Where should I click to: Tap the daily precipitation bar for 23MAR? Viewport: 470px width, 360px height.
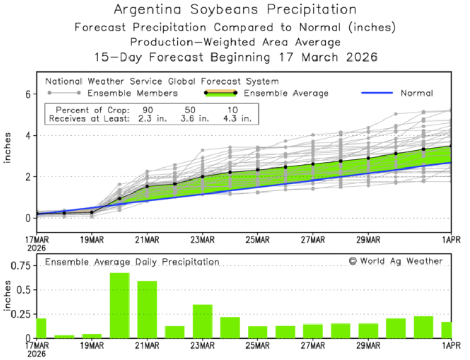coord(203,321)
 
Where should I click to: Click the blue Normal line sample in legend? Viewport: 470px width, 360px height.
coord(377,93)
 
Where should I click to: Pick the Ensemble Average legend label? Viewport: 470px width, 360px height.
coord(286,93)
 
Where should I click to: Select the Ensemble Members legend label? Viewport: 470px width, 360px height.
coord(132,93)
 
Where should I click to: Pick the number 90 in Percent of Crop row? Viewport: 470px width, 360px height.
coord(148,110)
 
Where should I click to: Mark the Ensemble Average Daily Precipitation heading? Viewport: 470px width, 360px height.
coord(132,262)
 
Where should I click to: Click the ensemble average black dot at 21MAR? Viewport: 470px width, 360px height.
coord(147,186)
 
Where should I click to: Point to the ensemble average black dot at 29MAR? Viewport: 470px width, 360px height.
coord(368,158)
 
